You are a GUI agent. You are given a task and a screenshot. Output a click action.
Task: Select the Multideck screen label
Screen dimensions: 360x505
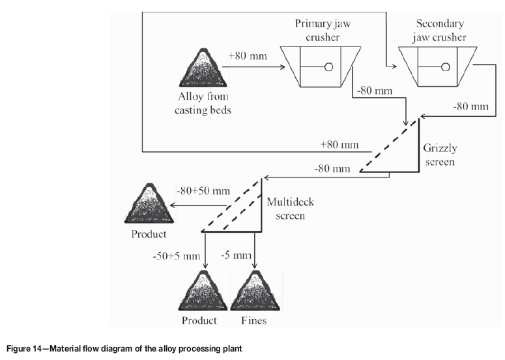[285, 209]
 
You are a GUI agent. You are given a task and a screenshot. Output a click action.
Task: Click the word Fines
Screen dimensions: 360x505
[253, 321]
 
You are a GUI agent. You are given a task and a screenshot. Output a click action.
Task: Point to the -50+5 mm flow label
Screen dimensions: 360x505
[175, 256]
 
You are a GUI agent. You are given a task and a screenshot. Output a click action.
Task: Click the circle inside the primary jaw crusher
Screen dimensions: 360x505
[328, 66]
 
